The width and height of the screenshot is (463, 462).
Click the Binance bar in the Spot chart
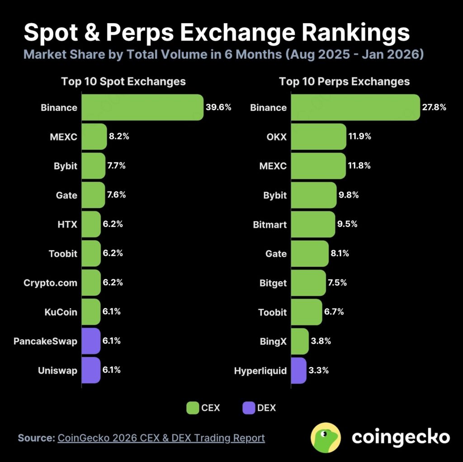pos(142,108)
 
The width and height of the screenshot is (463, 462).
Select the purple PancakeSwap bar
pos(91,341)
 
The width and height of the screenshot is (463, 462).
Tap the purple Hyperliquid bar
pos(299,371)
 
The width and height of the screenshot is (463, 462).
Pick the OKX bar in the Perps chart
pos(319,137)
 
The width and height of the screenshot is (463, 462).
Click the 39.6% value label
pos(218,108)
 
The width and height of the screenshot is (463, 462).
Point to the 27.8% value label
pos(434,108)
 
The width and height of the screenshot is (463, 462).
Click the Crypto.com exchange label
pos(50,283)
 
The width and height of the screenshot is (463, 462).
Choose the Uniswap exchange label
pos(57,371)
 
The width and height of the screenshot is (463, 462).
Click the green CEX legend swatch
pos(193,408)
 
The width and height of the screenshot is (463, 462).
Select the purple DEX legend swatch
pos(248,408)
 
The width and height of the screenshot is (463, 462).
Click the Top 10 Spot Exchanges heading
pos(123,81)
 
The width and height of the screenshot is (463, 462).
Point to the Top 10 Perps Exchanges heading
pos(345,81)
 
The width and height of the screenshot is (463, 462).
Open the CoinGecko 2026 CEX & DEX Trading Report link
pos(161,438)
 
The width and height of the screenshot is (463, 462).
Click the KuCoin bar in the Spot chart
pos(91,312)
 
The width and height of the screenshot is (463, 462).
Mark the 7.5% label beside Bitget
pos(336,283)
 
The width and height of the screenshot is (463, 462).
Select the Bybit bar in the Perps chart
pos(314,195)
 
